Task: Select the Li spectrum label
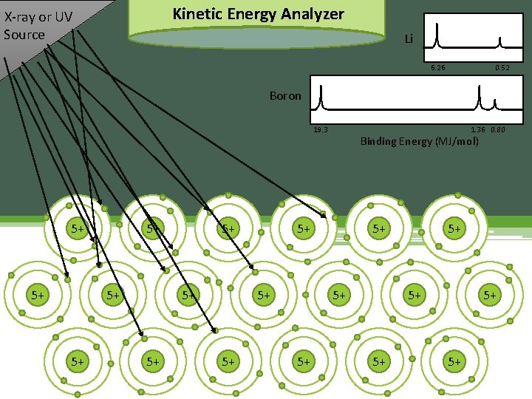point(408,39)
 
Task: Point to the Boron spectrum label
point(285,96)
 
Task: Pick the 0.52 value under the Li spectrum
point(502,68)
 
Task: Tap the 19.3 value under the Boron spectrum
point(321,129)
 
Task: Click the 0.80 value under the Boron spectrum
point(497,129)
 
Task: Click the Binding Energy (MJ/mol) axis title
point(419,141)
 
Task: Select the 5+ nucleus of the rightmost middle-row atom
point(489,295)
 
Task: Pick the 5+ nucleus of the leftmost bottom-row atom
point(77,361)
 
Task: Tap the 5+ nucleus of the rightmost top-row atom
point(454,229)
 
